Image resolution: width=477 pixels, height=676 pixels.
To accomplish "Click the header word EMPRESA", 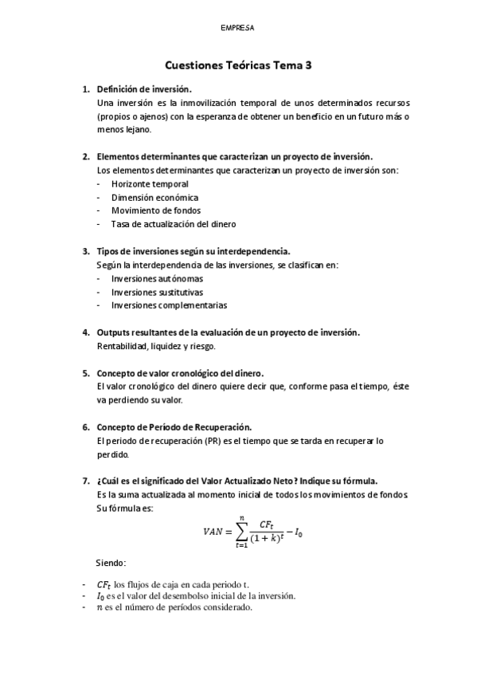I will tap(238, 28).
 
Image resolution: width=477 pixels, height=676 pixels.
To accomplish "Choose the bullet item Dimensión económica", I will tap(154, 198).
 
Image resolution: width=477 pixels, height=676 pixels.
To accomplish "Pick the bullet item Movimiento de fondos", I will tap(155, 210).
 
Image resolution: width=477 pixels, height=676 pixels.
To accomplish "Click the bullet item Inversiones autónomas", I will tap(157, 279).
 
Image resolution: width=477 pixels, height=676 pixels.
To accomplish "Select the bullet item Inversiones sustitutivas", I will tap(157, 292).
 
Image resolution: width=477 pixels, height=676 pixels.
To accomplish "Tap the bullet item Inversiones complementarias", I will tap(169, 305).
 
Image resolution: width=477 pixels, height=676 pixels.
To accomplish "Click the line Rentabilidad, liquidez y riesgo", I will tap(156, 346).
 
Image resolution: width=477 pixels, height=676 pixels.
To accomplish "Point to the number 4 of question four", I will tap(85, 332).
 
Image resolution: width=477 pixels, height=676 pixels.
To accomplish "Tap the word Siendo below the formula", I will tap(121, 564).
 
